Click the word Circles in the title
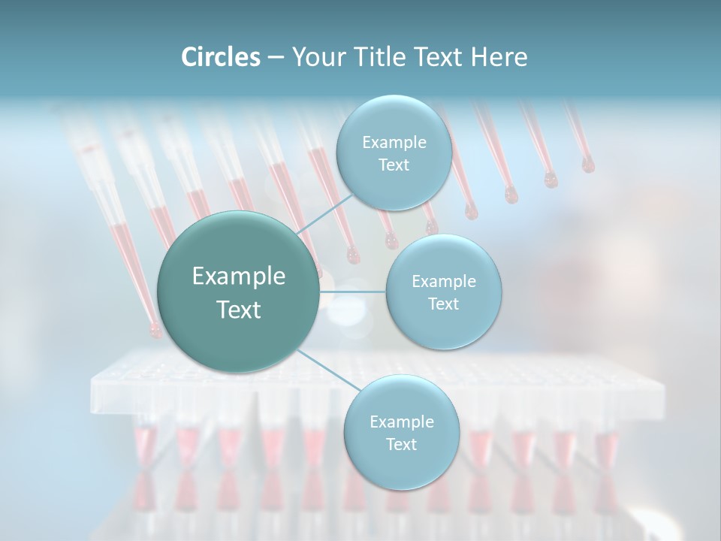coord(221,57)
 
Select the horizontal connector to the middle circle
coord(353,292)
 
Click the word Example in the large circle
coord(239,277)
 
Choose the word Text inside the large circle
coord(239,310)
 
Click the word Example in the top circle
coord(394,143)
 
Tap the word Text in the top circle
coord(394,165)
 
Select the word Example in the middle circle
coord(443,282)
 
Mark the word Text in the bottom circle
coord(401,445)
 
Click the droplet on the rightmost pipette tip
coord(587,165)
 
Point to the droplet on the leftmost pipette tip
coord(155,329)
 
